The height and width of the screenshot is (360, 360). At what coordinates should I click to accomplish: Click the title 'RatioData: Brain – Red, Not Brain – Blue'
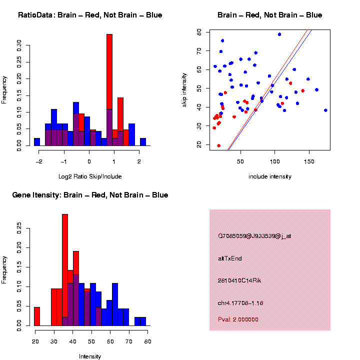(90, 15)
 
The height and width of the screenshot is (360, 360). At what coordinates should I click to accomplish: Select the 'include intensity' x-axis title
(270, 176)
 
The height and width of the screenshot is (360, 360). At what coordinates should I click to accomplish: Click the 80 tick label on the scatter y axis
(198, 32)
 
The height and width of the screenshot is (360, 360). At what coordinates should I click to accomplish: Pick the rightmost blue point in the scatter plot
(325, 110)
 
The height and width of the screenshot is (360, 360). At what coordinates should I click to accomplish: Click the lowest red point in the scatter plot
(218, 145)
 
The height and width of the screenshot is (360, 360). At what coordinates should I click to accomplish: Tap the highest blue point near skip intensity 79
(279, 34)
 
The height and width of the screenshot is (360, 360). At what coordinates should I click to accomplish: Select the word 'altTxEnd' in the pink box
(230, 258)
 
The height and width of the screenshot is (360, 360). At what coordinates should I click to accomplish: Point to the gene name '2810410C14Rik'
(239, 280)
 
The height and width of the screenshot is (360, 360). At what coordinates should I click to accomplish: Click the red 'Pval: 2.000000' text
(238, 319)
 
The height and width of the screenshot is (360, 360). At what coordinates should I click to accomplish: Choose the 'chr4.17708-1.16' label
(240, 303)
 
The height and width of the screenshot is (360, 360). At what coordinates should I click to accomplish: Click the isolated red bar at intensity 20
(37, 316)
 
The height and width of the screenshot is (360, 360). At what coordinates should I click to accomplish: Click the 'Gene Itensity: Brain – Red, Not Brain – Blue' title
(90, 195)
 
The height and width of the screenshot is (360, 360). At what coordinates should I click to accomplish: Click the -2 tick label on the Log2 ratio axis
(38, 162)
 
